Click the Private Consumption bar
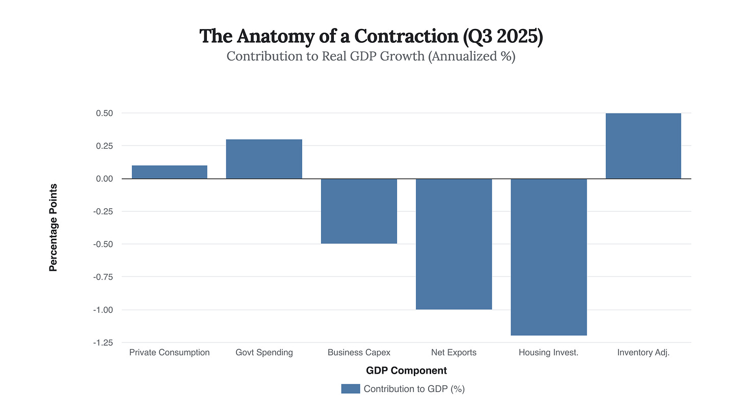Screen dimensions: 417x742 [169, 172]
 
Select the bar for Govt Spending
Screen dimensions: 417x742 [264, 159]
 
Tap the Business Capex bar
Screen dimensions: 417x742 [359, 211]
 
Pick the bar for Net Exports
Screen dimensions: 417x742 [454, 244]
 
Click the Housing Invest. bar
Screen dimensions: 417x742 [549, 257]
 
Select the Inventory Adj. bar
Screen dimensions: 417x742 [643, 146]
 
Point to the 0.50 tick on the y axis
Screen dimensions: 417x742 [104, 113]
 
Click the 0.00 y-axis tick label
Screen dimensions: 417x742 [104, 179]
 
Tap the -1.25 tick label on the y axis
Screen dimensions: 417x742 [103, 343]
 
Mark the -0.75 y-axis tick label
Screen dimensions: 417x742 [103, 277]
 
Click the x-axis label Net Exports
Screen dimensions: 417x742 [454, 352]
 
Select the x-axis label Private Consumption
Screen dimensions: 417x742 [169, 352]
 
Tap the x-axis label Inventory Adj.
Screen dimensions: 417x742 [643, 352]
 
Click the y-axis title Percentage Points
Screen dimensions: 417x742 [53, 228]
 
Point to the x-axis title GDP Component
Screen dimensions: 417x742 [406, 371]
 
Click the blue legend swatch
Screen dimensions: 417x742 [350, 389]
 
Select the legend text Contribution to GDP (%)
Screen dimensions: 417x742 [414, 389]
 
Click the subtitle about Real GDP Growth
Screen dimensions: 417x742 [370, 56]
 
